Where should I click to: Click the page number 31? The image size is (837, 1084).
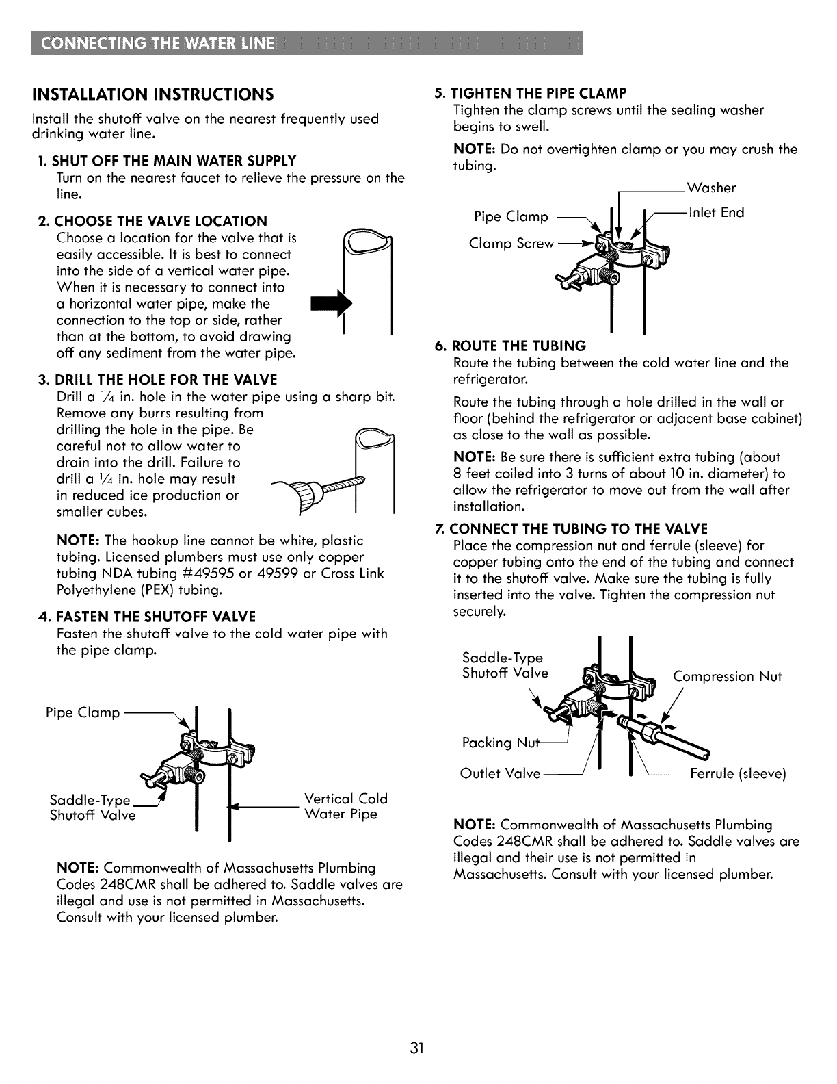418,1048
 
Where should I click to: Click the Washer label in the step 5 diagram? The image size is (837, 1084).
711,188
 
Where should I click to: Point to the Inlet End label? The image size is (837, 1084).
716,212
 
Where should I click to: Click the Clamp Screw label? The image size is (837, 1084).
511,244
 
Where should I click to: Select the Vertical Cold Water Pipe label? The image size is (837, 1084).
345,806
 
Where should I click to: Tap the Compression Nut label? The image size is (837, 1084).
728,677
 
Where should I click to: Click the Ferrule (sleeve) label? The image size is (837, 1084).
738,774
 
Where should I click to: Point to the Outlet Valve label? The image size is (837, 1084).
500,774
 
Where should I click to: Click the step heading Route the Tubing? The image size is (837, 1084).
518,346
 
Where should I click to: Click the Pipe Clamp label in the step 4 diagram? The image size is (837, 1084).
83,712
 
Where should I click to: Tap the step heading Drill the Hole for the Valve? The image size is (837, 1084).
165,380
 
